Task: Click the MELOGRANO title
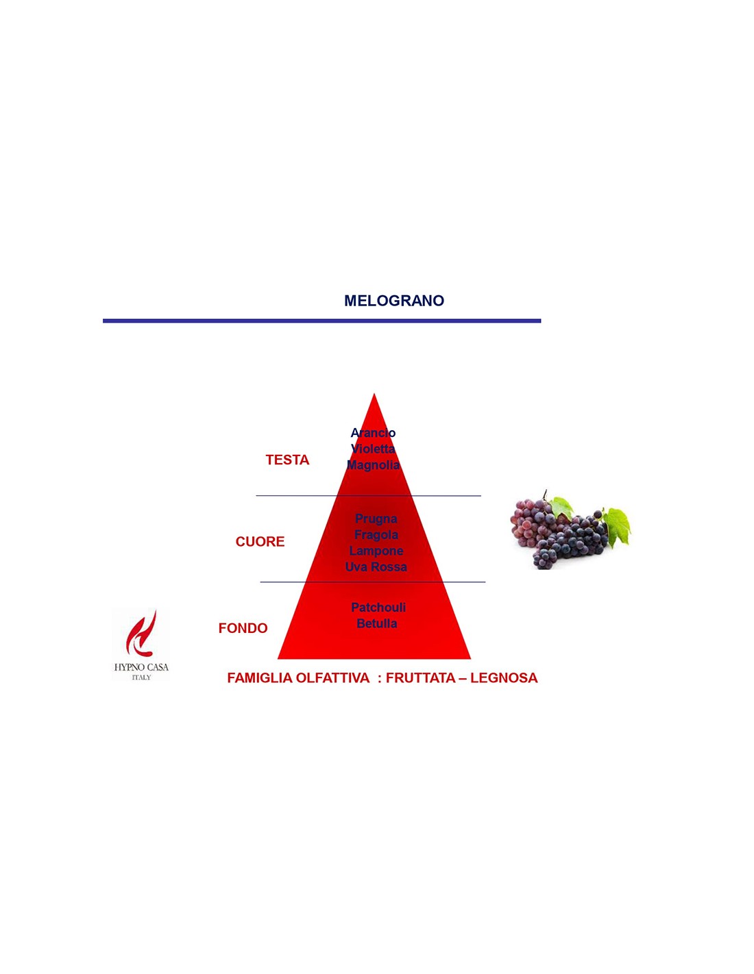394,301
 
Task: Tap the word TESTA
287,460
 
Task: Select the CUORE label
260,542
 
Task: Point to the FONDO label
243,628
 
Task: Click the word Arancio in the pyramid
373,432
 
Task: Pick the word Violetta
373,449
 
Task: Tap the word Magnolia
373,465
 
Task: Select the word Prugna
376,519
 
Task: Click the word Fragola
376,535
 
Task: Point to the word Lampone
376,551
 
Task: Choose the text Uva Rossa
376,567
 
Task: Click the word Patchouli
378,608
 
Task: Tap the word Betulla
377,623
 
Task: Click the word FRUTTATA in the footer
419,677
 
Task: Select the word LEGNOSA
504,677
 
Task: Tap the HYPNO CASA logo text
141,667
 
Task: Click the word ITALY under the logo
141,677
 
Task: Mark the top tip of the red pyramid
374,394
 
